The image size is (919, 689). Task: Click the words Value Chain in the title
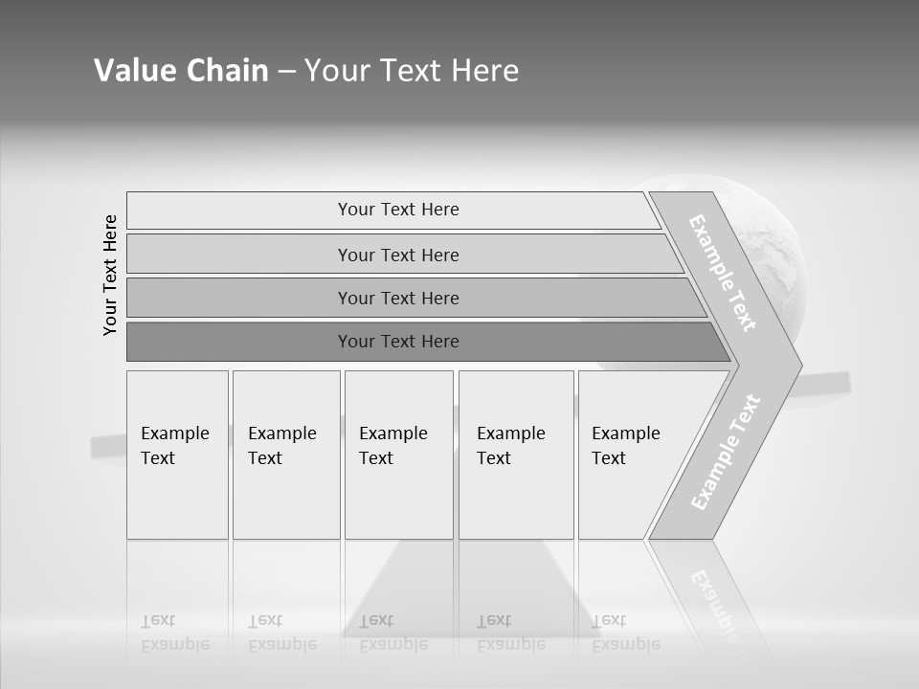tap(181, 71)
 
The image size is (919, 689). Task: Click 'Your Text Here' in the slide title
tap(412, 71)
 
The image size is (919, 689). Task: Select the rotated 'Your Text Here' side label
tap(110, 275)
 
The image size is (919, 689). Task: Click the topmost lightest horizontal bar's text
tap(398, 210)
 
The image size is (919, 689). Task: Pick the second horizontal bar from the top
tap(398, 255)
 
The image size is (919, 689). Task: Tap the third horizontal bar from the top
tap(398, 298)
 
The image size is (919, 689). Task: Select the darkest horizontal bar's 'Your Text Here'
tap(398, 341)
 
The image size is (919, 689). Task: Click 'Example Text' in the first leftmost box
tap(174, 446)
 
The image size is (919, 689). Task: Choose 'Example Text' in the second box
tap(281, 446)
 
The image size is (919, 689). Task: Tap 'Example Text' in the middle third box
tap(392, 446)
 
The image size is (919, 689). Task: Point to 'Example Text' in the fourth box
tap(510, 446)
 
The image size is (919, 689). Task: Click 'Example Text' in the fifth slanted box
tap(625, 446)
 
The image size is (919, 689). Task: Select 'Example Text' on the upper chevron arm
tap(723, 274)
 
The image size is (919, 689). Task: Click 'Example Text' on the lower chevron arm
tap(726, 452)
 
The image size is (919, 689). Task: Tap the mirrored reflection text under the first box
tap(174, 633)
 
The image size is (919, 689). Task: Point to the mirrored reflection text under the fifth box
tap(625, 633)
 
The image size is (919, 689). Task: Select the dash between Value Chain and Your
tap(286, 72)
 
